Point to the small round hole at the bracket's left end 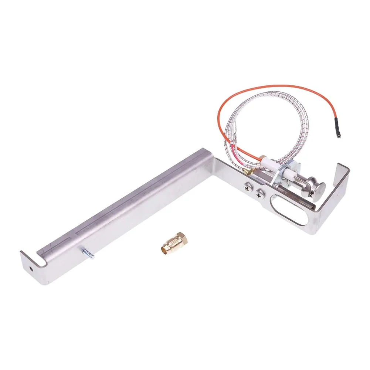click(31, 265)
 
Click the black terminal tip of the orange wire click(338, 131)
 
